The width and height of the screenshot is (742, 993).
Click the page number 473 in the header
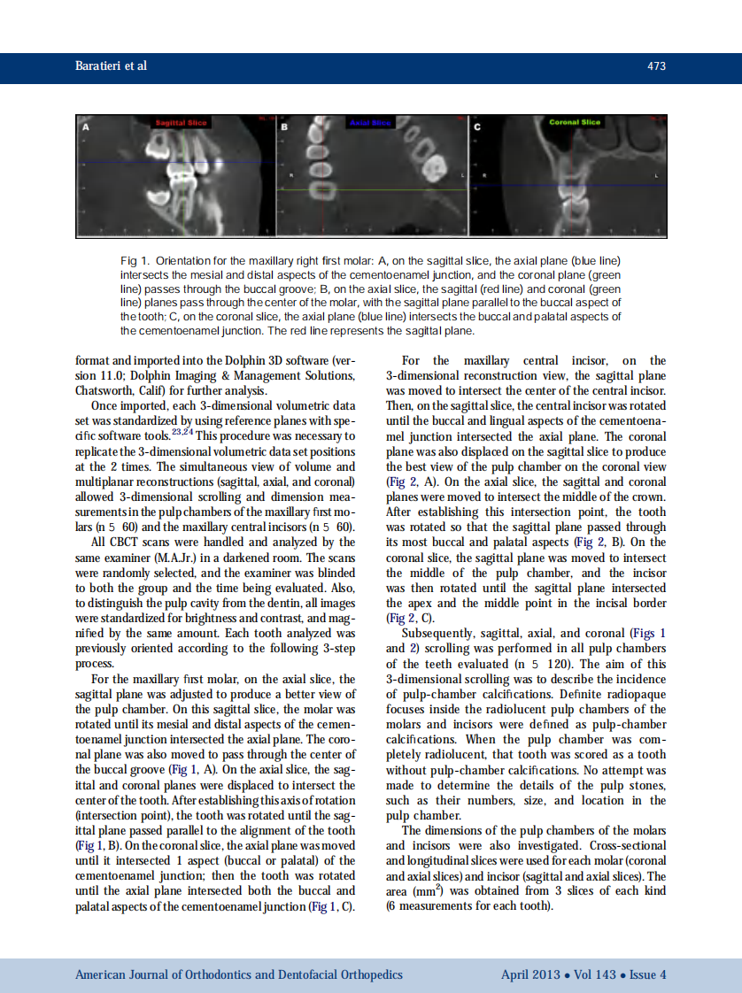click(656, 66)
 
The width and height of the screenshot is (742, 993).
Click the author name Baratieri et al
click(111, 66)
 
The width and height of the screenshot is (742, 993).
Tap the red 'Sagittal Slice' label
click(181, 123)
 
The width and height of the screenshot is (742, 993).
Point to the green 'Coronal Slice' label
click(575, 123)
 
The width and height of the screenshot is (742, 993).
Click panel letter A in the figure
click(85, 127)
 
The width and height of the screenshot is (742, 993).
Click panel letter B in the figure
click(284, 127)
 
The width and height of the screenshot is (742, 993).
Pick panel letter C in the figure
click(477, 127)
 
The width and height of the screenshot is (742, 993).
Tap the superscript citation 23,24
click(182, 431)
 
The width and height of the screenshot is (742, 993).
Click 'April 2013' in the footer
click(529, 974)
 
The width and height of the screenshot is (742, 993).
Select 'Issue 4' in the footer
click(647, 974)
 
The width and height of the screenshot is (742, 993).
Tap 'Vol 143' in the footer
click(592, 974)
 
